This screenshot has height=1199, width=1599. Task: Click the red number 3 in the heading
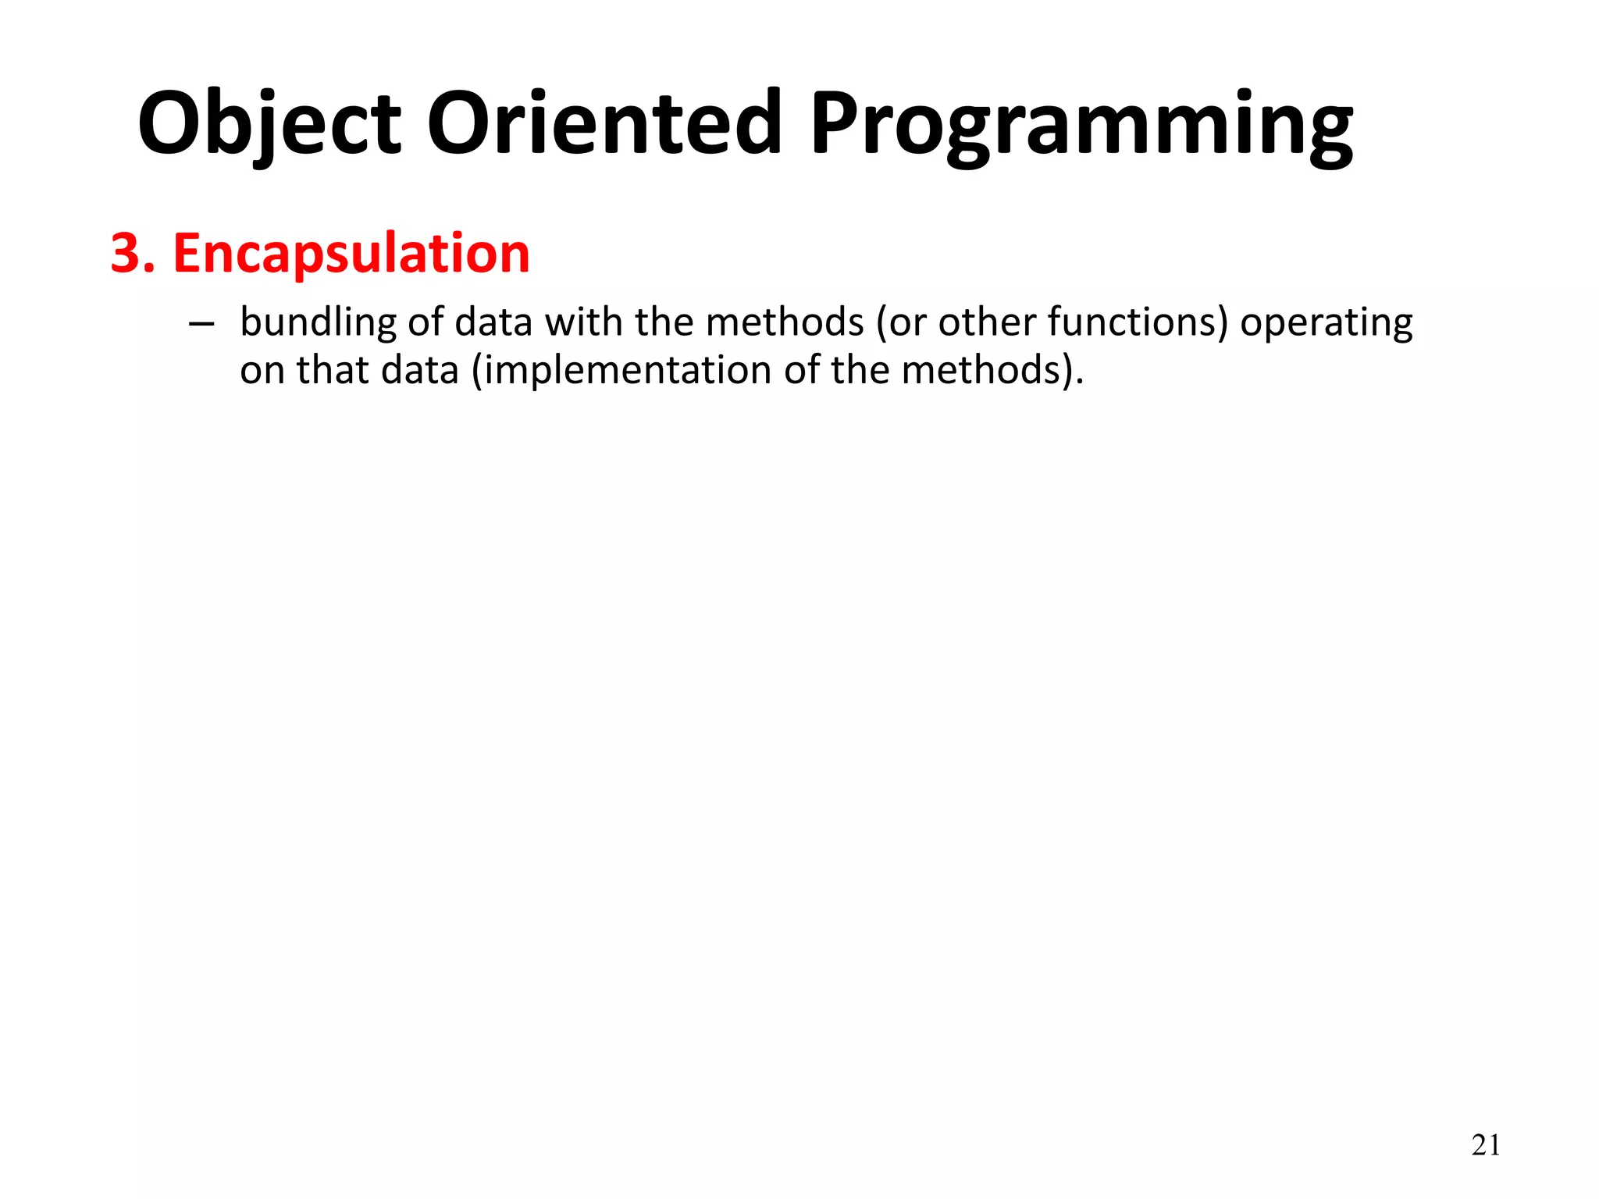point(125,254)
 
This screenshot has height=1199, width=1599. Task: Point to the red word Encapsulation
point(351,254)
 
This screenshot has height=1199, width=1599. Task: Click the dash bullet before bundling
point(201,324)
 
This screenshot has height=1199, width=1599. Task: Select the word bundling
point(318,322)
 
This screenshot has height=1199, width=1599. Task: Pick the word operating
point(1326,324)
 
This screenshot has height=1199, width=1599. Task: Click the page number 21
point(1486,1146)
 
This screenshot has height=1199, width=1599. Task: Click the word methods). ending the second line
point(992,371)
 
